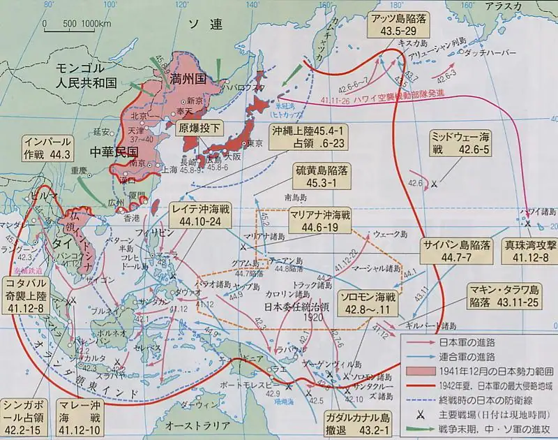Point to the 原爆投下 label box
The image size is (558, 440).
click(x=202, y=129)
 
